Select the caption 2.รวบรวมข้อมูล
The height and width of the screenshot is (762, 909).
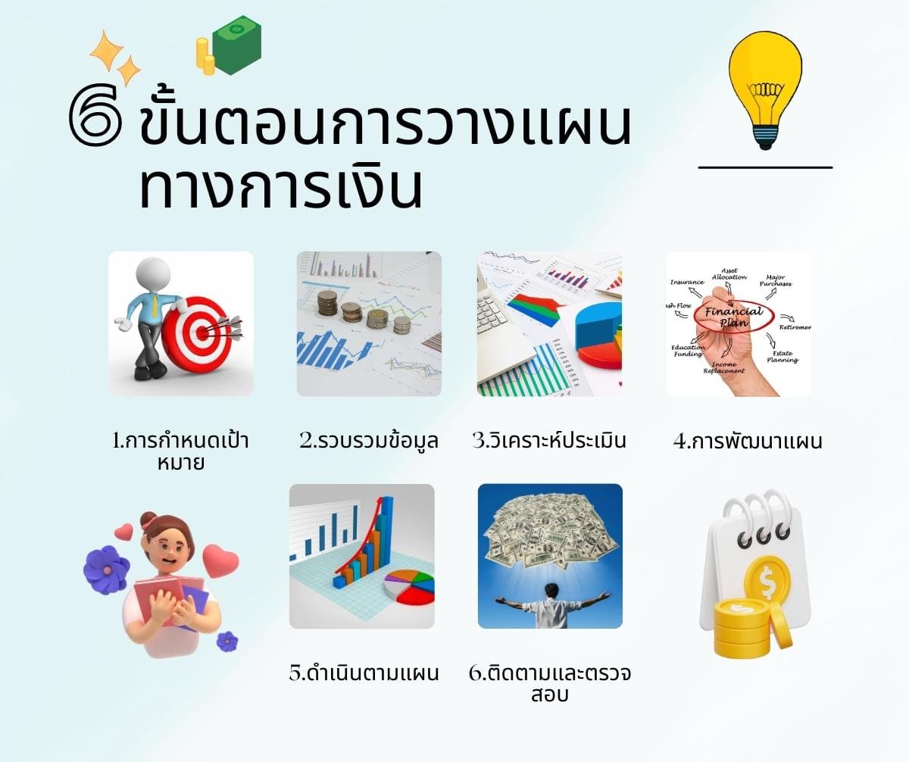point(369,440)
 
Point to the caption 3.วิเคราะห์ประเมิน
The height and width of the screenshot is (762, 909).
point(549,440)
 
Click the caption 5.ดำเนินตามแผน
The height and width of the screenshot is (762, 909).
point(364,673)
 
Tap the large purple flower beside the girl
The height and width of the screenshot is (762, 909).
point(106,569)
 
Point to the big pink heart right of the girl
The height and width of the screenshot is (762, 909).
point(220,561)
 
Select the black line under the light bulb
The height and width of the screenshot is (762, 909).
point(765,167)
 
